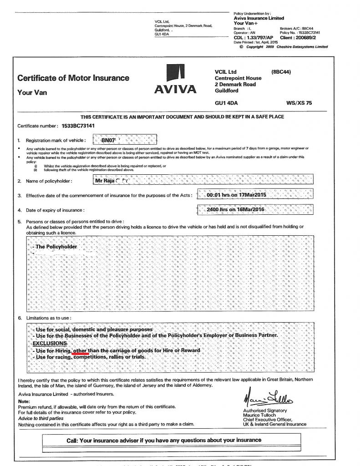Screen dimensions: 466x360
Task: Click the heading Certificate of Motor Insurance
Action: coord(73,78)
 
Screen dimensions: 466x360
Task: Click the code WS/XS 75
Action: coord(299,103)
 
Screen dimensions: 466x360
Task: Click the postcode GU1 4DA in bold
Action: coord(226,103)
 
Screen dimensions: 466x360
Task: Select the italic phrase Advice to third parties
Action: coord(41,418)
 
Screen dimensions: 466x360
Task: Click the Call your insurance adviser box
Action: coord(164,440)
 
